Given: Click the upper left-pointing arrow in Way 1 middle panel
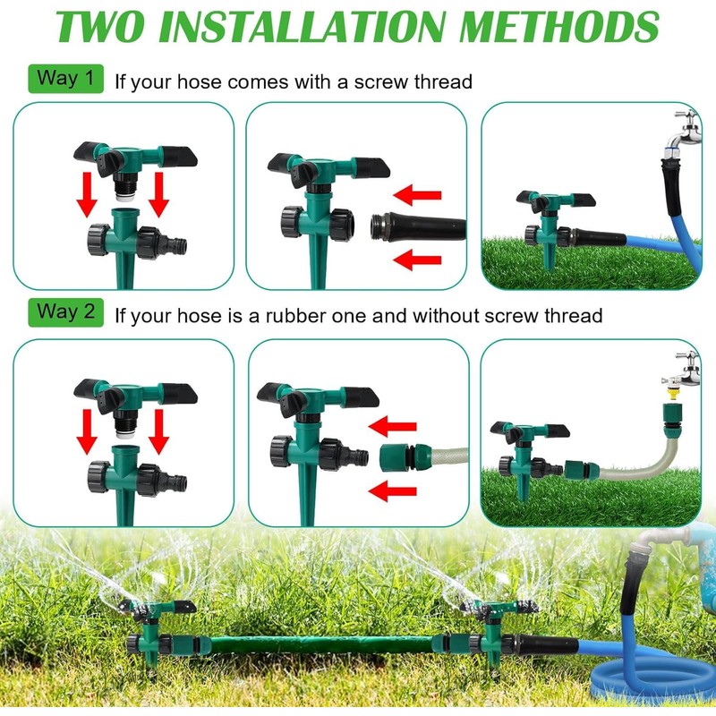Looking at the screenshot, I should pyautogui.click(x=419, y=193).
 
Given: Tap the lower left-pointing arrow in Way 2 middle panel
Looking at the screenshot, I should pyautogui.click(x=394, y=490).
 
